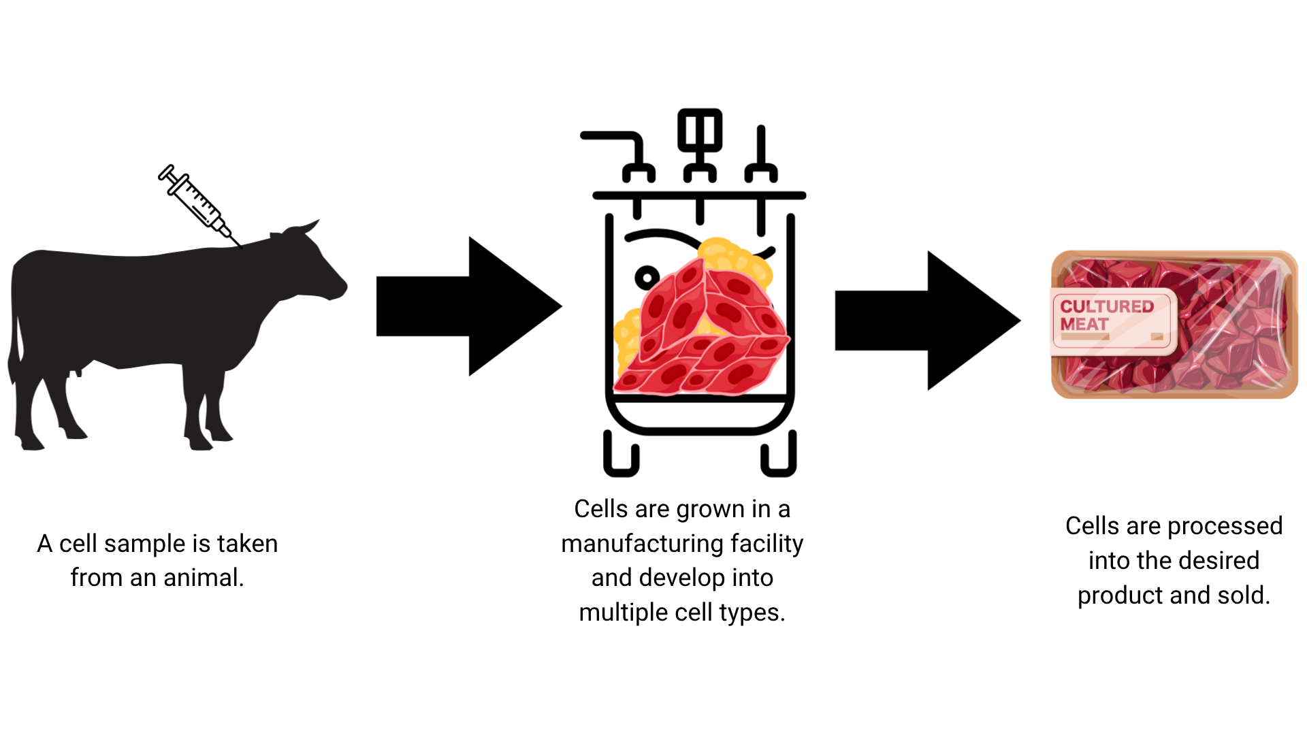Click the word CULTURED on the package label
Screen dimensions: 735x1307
click(1107, 306)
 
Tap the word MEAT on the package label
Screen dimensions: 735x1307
click(1084, 325)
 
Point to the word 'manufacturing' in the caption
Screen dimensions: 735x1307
click(642, 544)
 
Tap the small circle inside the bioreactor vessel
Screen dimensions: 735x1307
click(647, 277)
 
